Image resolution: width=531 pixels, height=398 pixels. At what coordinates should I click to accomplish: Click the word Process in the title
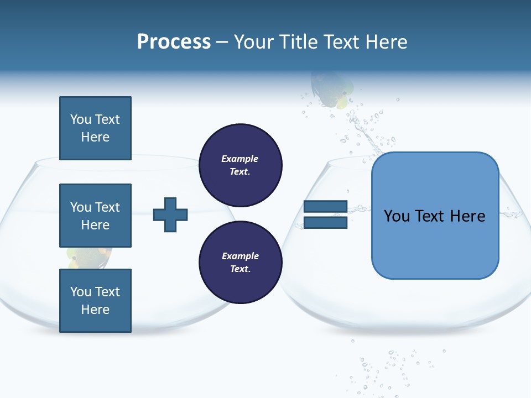174,42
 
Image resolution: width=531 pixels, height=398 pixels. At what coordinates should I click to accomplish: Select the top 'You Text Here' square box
95,128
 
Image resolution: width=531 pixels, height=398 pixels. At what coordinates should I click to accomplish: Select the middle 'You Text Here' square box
95,216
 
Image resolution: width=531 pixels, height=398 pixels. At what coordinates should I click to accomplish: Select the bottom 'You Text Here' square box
95,301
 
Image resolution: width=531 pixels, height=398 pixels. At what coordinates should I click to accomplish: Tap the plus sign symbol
170,214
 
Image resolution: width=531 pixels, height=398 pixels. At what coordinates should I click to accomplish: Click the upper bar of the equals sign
325,206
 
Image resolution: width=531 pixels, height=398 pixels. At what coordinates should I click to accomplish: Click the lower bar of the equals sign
325,223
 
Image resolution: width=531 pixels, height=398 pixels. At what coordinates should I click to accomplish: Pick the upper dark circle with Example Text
241,165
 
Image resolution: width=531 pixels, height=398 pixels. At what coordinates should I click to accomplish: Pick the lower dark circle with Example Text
241,262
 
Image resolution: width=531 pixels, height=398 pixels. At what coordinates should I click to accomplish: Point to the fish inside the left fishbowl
88,256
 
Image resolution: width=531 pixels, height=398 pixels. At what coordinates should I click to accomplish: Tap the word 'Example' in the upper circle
240,159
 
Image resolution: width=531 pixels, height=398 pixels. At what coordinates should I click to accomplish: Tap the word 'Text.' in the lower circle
240,269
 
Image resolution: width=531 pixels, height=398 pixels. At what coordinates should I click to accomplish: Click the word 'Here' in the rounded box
467,216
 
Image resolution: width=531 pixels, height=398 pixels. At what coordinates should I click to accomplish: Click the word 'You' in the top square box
81,119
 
